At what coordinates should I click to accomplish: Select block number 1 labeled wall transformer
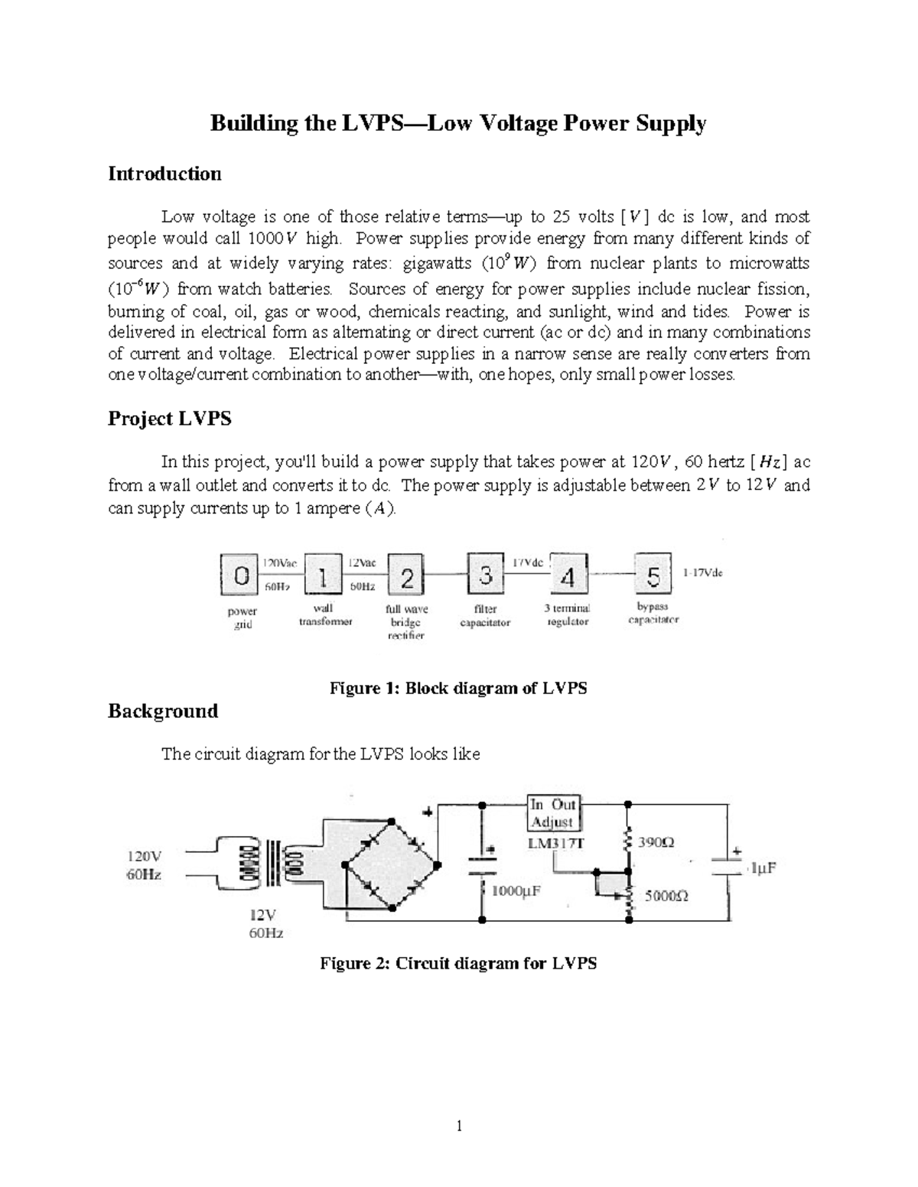click(x=324, y=575)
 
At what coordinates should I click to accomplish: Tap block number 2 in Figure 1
click(x=407, y=575)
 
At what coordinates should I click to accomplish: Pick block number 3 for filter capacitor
click(x=486, y=574)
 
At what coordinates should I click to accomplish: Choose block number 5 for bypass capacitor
click(x=653, y=574)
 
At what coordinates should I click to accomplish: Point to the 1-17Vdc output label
click(x=702, y=572)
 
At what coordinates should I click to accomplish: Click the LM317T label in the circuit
click(x=555, y=843)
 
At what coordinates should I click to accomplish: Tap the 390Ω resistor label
click(x=656, y=842)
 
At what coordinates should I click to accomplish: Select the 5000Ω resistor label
click(x=666, y=896)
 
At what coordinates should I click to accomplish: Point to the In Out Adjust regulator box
click(x=554, y=813)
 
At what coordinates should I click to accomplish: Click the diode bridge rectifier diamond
click(x=390, y=864)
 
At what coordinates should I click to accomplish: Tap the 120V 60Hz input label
click(x=144, y=864)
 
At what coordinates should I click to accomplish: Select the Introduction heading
click(x=164, y=174)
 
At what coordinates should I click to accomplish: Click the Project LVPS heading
click(x=169, y=418)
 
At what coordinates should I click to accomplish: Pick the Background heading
click(x=163, y=711)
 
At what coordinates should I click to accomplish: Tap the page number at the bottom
click(x=458, y=1126)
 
